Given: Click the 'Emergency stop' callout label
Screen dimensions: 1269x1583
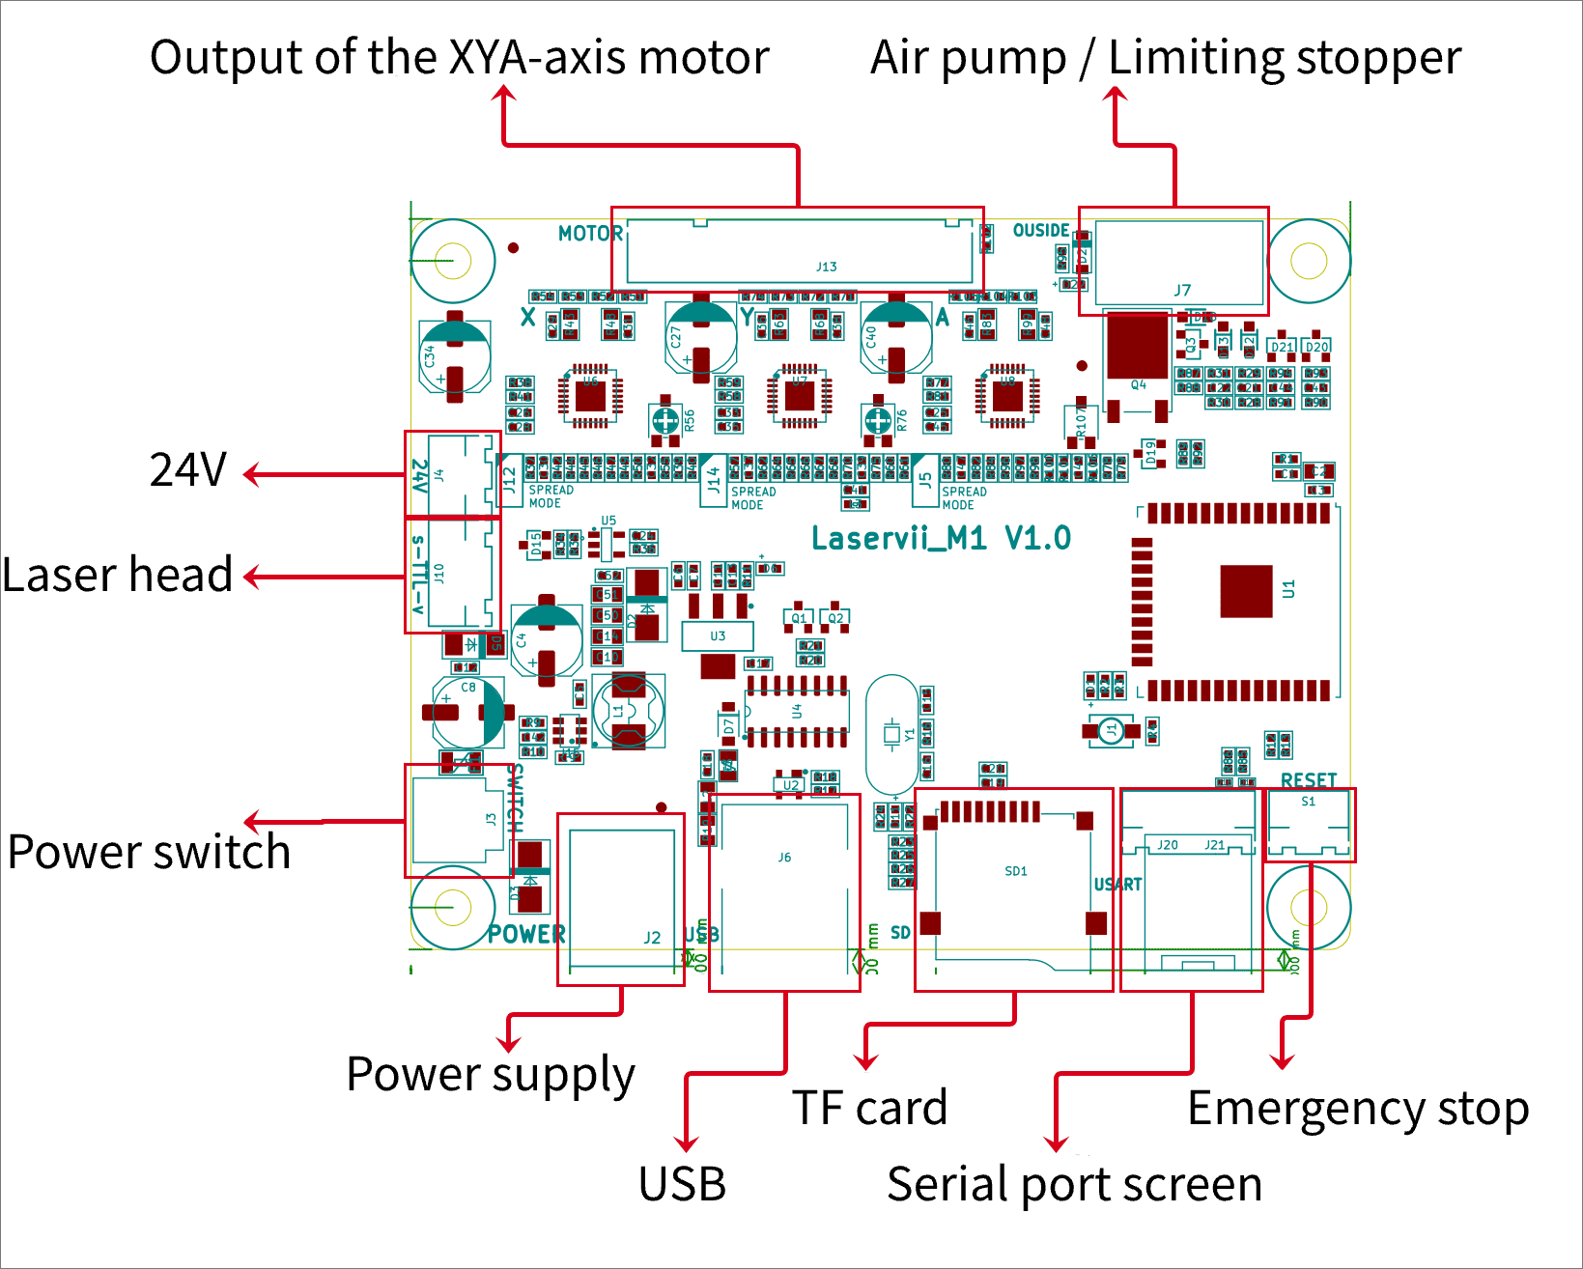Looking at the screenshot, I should [1357, 1109].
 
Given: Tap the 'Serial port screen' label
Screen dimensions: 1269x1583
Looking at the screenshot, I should [1074, 1185].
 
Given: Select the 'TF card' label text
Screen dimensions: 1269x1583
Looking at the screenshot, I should [869, 1108].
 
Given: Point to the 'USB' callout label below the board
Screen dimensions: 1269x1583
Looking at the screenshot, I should [682, 1185].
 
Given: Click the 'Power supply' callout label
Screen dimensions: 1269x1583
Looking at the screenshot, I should [491, 1075].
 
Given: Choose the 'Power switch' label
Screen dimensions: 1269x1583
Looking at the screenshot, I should [149, 853].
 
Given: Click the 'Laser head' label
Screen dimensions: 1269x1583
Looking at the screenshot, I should [117, 575].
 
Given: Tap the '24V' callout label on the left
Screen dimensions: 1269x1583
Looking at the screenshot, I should [188, 470].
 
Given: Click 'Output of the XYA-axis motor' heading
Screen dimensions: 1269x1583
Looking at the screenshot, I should [459, 58].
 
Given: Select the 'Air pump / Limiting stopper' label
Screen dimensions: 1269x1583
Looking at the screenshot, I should [1165, 58].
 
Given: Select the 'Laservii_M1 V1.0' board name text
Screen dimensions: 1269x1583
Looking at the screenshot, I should [941, 539].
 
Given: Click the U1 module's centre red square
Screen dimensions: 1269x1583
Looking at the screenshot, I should [1246, 591].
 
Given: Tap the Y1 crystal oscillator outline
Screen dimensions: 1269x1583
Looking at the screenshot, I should [891, 734].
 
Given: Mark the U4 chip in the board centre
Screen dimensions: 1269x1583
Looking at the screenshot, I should [797, 712].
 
